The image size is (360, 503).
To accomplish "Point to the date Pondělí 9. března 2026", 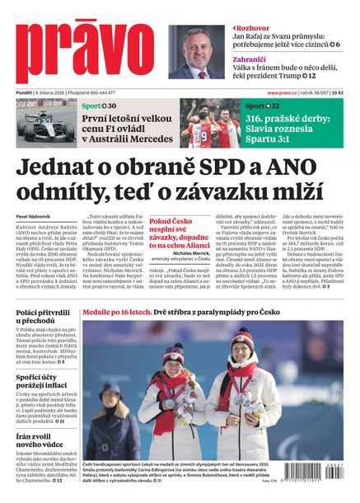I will (49, 93).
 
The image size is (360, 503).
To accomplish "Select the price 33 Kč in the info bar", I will (348, 93).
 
